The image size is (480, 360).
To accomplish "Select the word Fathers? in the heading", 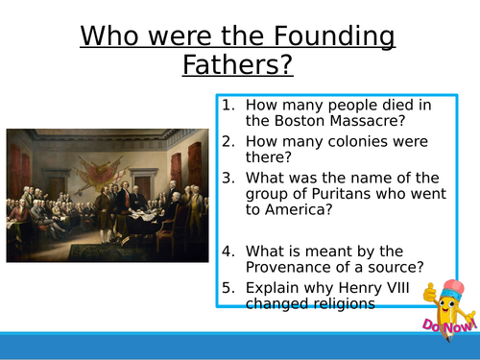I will [x=239, y=67].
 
